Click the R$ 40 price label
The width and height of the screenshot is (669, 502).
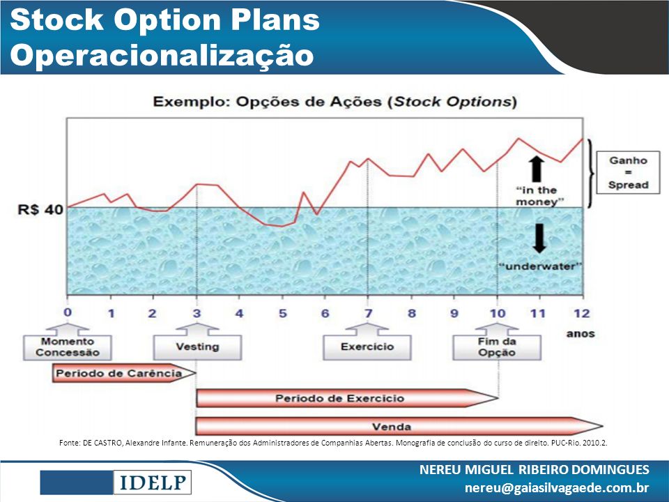[40, 210]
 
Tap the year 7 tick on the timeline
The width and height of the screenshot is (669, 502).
[368, 314]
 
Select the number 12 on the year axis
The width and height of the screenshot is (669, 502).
[581, 314]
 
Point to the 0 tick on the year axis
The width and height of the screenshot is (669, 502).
[68, 312]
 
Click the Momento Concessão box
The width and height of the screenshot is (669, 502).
[68, 347]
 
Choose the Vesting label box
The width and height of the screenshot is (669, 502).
[197, 347]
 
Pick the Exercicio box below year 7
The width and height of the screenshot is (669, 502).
[367, 347]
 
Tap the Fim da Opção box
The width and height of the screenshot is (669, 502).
[497, 347]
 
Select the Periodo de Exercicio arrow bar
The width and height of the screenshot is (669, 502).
[347, 398]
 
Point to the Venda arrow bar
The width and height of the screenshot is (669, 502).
[399, 427]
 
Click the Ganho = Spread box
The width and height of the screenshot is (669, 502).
[628, 172]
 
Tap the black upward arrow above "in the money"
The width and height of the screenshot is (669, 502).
[537, 169]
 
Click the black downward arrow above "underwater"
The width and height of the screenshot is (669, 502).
[539, 238]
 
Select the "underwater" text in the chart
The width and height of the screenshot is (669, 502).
[541, 266]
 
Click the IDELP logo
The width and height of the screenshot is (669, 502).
[153, 482]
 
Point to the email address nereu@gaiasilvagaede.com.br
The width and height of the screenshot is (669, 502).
[557, 487]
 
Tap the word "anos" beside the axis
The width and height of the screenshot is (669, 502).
[580, 334]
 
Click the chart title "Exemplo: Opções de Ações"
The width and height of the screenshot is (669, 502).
[270, 102]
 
